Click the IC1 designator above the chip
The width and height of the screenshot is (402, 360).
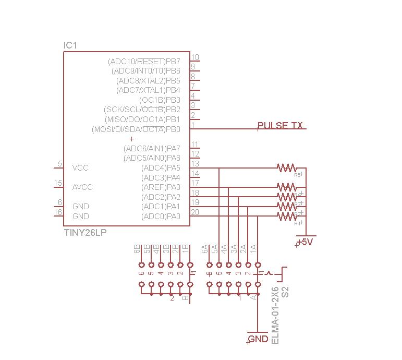(70, 46)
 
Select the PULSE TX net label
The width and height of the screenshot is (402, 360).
(280, 125)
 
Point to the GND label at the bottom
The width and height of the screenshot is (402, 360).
(258, 339)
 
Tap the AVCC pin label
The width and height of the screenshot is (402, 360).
(83, 187)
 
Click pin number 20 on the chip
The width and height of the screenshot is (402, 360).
(195, 212)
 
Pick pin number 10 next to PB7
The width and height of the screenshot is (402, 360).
(195, 57)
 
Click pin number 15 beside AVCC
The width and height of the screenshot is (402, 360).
(58, 183)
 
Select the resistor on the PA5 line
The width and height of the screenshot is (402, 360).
(287, 168)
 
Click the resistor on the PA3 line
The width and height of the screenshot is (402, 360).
(287, 187)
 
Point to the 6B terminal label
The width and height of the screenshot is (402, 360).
(137, 249)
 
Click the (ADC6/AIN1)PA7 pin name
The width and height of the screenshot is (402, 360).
(152, 148)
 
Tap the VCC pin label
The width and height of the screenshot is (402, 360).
(80, 168)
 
